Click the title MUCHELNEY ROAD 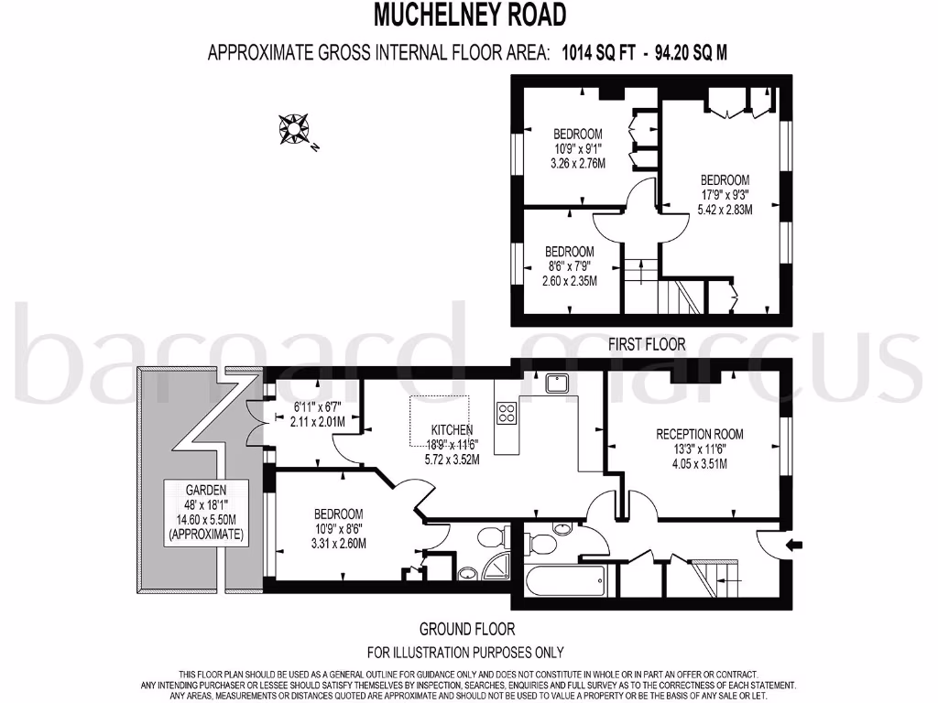469,15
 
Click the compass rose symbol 295,130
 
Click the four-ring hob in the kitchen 507,413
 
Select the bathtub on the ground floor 565,579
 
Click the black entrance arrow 795,546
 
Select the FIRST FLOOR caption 647,345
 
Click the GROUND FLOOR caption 467,629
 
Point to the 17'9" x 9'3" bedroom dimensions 725,194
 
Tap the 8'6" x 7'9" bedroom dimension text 569,265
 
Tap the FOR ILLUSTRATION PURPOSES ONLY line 465,652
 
